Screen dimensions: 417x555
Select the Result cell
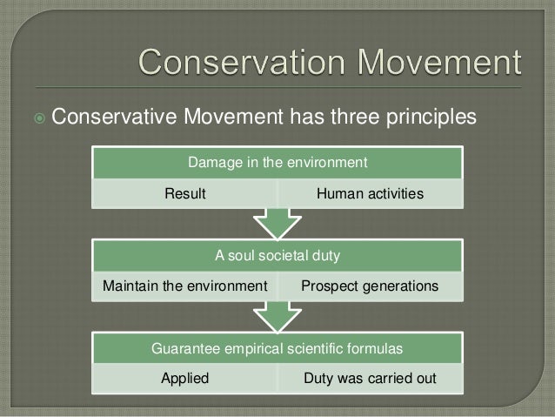[186, 193]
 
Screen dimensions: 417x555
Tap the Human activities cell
[369, 193]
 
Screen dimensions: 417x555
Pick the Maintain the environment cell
[184, 286]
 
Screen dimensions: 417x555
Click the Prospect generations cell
[370, 286]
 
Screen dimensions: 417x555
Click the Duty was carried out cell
[369, 380]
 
